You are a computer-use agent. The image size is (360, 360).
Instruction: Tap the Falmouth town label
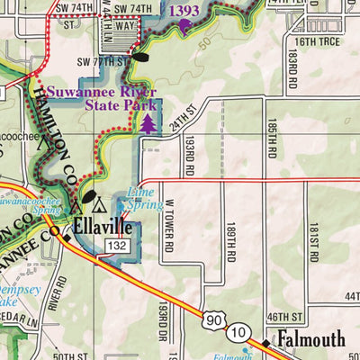pos(310,339)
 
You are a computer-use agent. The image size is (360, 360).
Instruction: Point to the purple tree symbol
pos(147,124)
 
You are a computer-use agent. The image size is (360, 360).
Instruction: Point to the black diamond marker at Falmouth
pos(266,343)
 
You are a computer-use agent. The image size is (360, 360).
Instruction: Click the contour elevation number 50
pos(205,42)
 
